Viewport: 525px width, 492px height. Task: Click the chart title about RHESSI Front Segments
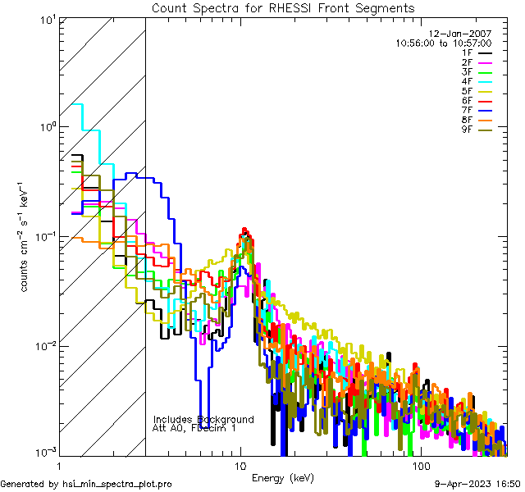283,7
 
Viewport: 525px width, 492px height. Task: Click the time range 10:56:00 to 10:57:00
443,43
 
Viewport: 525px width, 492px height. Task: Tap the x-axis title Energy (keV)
283,478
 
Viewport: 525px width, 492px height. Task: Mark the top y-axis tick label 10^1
46,20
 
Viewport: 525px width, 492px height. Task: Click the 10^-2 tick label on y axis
44,345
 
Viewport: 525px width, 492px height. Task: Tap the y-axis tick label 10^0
46,128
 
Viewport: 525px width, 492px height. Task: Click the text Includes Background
203,419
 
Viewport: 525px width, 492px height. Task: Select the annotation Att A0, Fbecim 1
194,428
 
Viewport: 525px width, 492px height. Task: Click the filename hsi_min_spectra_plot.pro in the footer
117,484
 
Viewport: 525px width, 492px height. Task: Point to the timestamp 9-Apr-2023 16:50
477,484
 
